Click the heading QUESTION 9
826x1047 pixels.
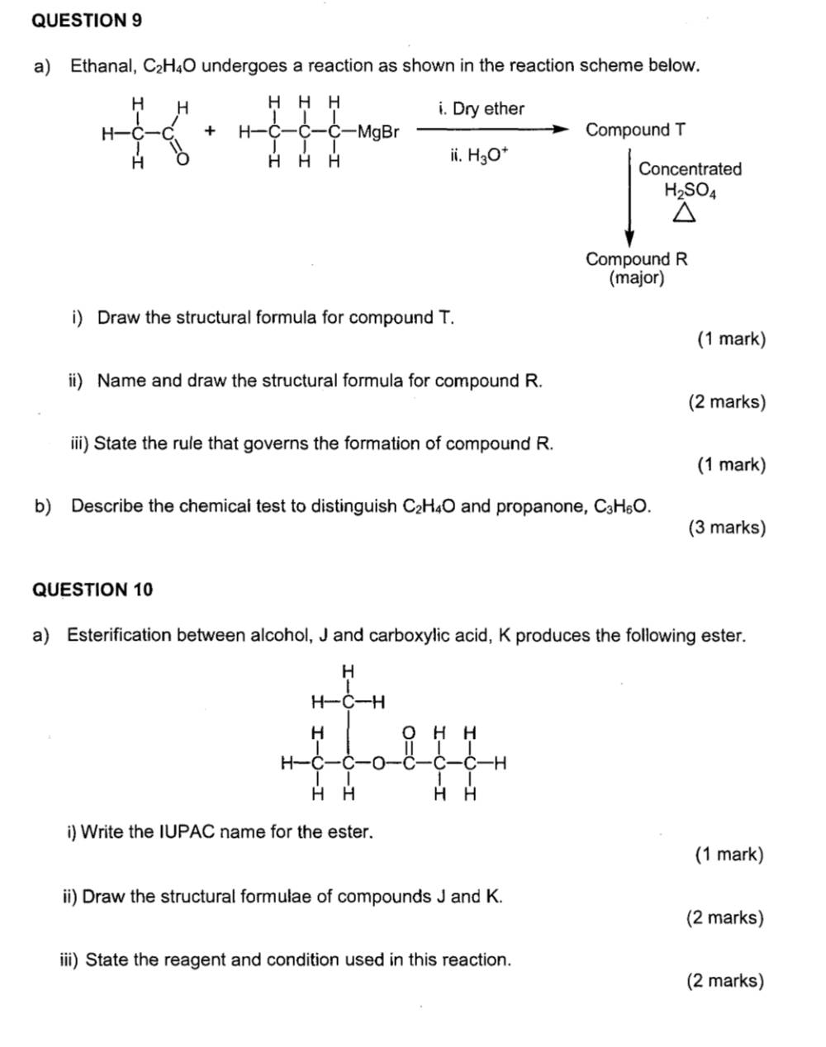[x=86, y=21]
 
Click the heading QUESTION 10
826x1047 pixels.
[x=92, y=590]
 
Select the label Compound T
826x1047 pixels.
[x=634, y=130]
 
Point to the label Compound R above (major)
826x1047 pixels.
[x=636, y=258]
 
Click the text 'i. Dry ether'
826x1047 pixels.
[x=482, y=109]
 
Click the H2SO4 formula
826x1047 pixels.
[x=690, y=191]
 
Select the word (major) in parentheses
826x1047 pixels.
[x=636, y=278]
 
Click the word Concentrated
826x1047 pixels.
[x=690, y=169]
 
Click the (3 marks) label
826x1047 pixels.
[x=727, y=528]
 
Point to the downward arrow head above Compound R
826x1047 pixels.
[x=629, y=239]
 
